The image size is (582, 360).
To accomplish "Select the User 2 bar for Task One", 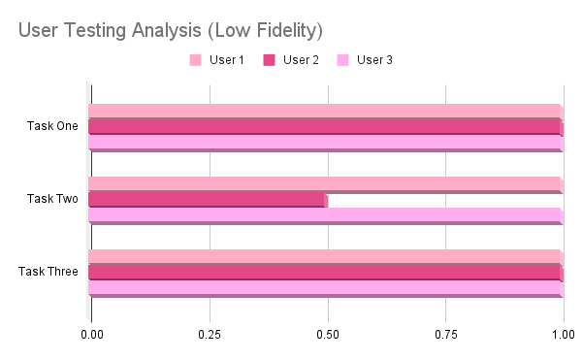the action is coord(326,127).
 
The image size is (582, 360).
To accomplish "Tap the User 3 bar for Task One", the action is coord(326,144).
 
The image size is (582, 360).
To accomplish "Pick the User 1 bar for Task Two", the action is coord(326,184).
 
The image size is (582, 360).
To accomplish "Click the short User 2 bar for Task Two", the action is coord(209,200).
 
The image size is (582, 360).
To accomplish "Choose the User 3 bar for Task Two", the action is coord(326,216).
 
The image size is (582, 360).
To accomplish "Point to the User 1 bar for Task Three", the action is coord(326,257).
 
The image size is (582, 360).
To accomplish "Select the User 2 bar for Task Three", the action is coord(326,273).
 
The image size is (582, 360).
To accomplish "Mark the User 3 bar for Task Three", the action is coord(326,289).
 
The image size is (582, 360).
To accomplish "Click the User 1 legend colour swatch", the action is coord(196,60).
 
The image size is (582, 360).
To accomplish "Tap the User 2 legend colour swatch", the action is coord(269,60).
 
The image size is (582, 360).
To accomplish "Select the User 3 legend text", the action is coord(374,60).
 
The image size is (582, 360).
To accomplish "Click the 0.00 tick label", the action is coord(92,335).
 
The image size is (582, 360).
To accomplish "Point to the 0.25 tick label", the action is coord(210,335).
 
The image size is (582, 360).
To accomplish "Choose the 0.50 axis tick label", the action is coord(328,335).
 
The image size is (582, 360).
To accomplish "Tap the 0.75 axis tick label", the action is coord(446,335).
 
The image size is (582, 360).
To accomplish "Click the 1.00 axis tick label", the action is coord(564,335).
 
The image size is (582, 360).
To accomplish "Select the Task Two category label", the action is coord(52,199).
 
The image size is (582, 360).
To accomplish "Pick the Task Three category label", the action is coord(48,272).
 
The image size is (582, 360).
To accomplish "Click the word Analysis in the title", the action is coord(166,30).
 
